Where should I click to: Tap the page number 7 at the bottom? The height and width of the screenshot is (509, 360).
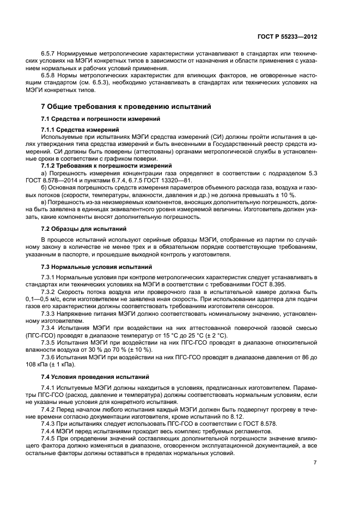315,462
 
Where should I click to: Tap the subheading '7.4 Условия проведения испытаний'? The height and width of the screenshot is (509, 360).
95,377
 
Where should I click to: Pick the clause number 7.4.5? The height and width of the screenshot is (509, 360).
50,438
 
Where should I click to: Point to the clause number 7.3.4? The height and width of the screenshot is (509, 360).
50,328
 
